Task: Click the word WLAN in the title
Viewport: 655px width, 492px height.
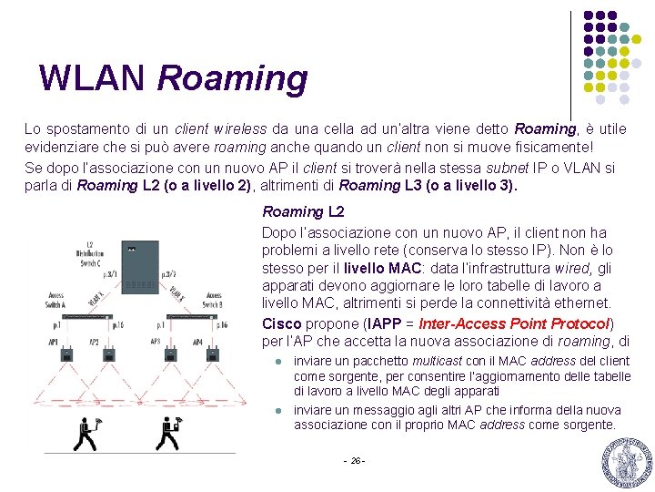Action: [x=92, y=79]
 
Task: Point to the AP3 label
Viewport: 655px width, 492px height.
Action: [x=155, y=342]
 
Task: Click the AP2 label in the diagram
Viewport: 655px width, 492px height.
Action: [x=94, y=342]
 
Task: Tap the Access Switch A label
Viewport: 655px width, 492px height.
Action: [x=56, y=300]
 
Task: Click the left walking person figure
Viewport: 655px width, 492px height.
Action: [x=86, y=434]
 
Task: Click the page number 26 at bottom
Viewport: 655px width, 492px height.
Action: [x=355, y=460]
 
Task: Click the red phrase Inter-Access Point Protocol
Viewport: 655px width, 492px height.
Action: [x=514, y=324]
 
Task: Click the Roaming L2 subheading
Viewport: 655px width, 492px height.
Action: [x=303, y=211]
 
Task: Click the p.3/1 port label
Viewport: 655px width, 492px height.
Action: [x=109, y=272]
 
